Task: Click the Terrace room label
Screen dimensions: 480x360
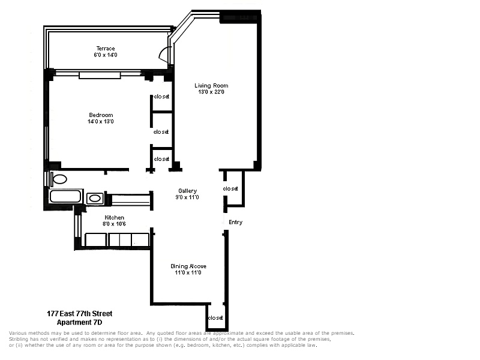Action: pyautogui.click(x=106, y=49)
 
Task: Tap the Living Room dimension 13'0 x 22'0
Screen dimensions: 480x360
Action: pyautogui.click(x=211, y=92)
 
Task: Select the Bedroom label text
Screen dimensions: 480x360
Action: pyautogui.click(x=101, y=115)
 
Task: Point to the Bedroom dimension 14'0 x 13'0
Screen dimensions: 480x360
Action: pyautogui.click(x=101, y=122)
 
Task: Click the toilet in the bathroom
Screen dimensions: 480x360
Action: pyautogui.click(x=58, y=179)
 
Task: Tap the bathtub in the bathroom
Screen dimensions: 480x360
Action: pyautogui.click(x=65, y=196)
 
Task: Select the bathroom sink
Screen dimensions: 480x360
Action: pyautogui.click(x=95, y=199)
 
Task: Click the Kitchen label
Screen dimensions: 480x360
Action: pyautogui.click(x=115, y=218)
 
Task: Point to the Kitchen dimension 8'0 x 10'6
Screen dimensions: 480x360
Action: pyautogui.click(x=114, y=224)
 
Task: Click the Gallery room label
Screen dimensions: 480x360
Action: pyautogui.click(x=188, y=191)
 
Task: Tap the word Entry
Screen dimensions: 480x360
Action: pyautogui.click(x=236, y=222)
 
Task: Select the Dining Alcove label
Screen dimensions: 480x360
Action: pyautogui.click(x=188, y=266)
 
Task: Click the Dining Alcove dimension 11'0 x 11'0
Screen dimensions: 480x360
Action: pyautogui.click(x=188, y=273)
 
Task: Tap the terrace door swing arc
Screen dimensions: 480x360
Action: pyautogui.click(x=161, y=53)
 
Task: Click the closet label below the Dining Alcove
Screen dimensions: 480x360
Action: pyautogui.click(x=215, y=318)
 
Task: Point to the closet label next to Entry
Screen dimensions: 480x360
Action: pyautogui.click(x=230, y=188)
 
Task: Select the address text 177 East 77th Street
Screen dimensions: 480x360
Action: pyautogui.click(x=80, y=314)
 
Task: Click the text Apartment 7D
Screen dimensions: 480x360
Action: pyautogui.click(x=80, y=322)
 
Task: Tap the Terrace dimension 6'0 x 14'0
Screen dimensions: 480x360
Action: pyautogui.click(x=106, y=55)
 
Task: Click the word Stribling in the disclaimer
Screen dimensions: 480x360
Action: pyautogui.click(x=19, y=339)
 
